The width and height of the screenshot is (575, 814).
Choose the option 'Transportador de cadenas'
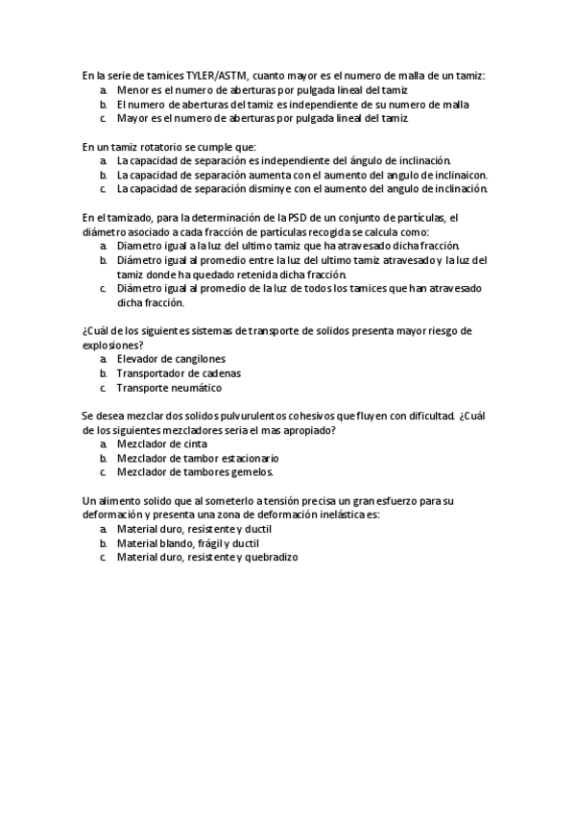179,372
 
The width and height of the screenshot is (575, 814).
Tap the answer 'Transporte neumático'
169,388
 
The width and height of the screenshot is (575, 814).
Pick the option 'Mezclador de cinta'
159,444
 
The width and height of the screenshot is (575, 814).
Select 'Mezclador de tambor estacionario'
197,459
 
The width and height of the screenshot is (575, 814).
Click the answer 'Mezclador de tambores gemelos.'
195,472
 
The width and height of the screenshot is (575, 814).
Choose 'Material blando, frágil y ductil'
187,543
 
